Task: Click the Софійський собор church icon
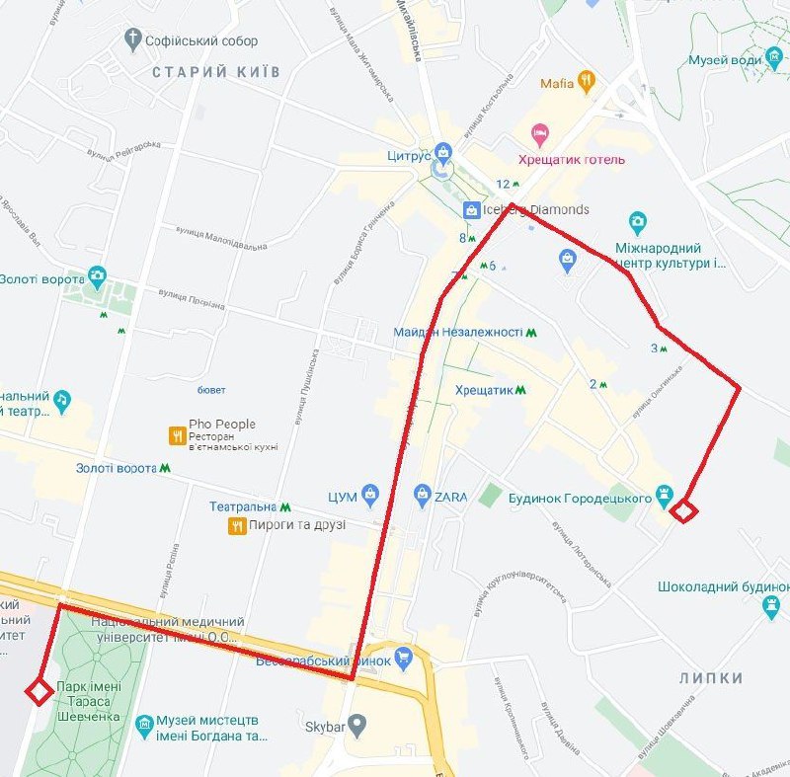point(133,40)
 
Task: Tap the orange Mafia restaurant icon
point(587,82)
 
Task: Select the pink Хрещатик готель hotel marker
point(539,133)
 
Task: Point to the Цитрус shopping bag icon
point(443,152)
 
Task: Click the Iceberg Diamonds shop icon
point(471,209)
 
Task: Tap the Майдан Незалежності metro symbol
point(531,333)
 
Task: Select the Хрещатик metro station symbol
point(520,390)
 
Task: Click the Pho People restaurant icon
point(177,433)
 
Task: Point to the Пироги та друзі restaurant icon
point(236,525)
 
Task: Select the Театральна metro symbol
point(285,506)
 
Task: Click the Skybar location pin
point(357,727)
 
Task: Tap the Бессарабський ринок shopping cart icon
point(402,657)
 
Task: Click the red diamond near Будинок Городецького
point(683,510)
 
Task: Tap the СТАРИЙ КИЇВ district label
point(216,72)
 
